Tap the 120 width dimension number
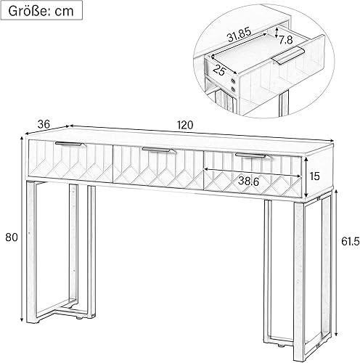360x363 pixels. point(185,125)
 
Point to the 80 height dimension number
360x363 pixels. point(11,236)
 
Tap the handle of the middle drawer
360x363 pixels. point(160,150)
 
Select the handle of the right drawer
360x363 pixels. point(251,155)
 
